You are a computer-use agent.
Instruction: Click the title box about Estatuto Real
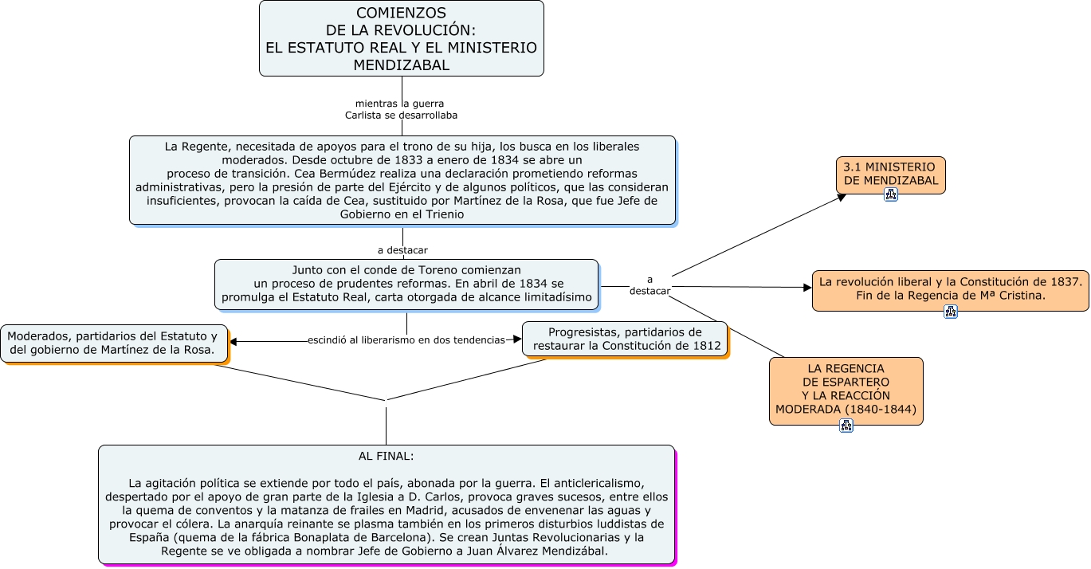[x=401, y=38]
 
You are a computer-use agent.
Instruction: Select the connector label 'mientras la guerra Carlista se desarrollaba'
[x=401, y=109]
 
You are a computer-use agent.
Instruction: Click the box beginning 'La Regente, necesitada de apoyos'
[x=402, y=180]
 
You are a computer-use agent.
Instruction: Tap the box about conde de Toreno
[x=406, y=284]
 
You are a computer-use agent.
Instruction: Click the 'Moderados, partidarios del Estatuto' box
[x=112, y=343]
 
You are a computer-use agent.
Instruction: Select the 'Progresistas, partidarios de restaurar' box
[x=625, y=339]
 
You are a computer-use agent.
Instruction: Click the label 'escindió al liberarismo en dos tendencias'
[x=406, y=340]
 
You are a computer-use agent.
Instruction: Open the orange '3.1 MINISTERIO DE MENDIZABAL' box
[x=890, y=174]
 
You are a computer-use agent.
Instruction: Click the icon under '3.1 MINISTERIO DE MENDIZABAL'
[x=890, y=194]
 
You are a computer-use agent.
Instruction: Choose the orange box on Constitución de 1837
[x=950, y=288]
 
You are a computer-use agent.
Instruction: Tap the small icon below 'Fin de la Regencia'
[x=950, y=312]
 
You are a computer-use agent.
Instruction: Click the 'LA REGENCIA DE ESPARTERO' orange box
[x=846, y=389]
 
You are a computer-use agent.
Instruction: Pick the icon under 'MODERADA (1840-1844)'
[x=846, y=426]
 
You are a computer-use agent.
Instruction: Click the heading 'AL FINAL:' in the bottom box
[x=386, y=457]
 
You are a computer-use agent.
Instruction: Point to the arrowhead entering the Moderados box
[x=234, y=343]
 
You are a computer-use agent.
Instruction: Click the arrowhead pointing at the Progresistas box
[x=517, y=339]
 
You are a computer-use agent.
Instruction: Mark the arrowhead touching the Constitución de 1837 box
[x=806, y=287]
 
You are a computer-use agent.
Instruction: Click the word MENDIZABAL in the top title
[x=401, y=65]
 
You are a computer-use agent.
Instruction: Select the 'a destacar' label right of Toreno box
[x=649, y=285]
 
